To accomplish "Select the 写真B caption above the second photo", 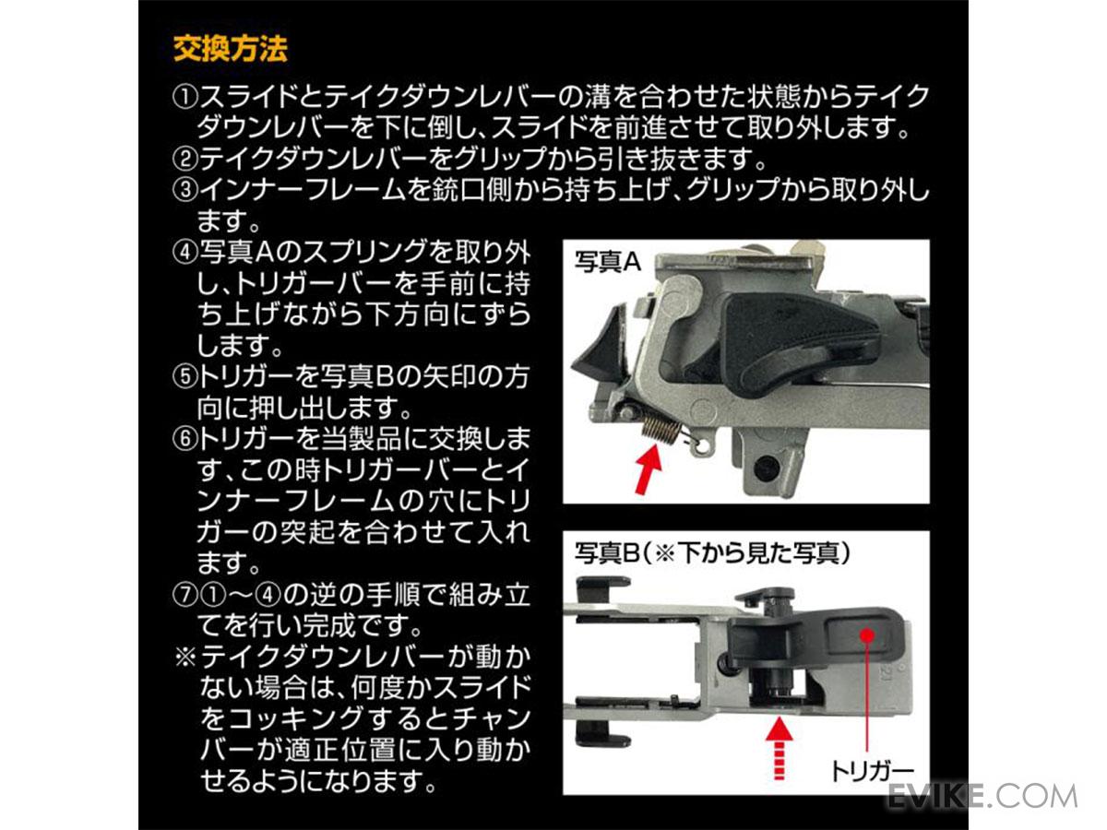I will coord(710,553).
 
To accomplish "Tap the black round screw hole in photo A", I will coord(763,468).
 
